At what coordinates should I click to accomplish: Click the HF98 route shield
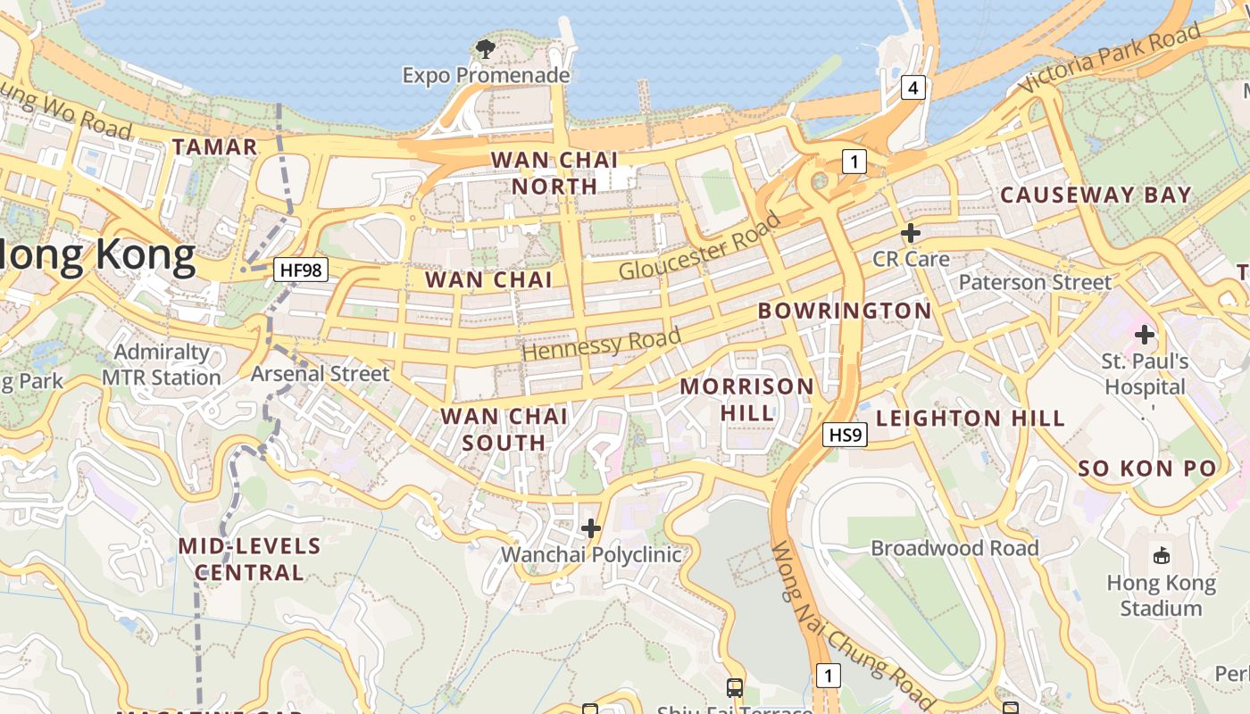[301, 270]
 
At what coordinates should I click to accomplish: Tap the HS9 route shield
[845, 435]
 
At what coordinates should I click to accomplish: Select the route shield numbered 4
[912, 87]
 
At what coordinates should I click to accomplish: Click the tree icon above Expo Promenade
[486, 49]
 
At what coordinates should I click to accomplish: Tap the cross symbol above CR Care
[911, 234]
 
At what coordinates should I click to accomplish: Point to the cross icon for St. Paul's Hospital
[1145, 336]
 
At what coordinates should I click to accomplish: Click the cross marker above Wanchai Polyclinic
[591, 528]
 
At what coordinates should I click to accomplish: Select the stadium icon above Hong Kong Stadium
[1162, 556]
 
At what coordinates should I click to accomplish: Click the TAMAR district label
[214, 147]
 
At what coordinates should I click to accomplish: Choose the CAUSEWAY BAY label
[1096, 195]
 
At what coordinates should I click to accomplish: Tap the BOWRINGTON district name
[845, 311]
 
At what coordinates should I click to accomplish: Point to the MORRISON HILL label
[746, 399]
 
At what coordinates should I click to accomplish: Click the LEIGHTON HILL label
[971, 418]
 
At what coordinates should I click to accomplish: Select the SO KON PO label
[1146, 469]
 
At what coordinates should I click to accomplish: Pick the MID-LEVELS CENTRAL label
[249, 559]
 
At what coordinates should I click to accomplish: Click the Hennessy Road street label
[601, 344]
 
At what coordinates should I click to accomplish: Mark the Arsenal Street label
[320, 374]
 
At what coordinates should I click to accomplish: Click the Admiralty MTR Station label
[162, 365]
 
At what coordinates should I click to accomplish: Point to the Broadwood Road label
[954, 548]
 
